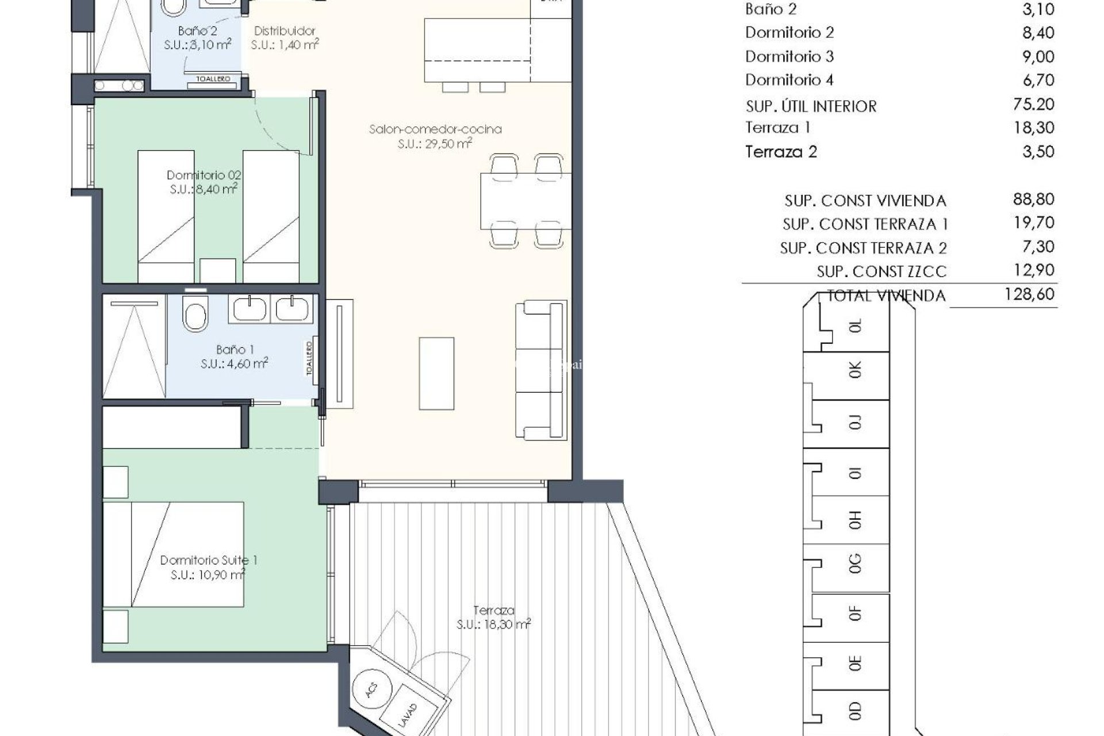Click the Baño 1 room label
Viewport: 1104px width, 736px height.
coord(235,350)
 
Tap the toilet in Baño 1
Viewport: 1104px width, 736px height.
coord(195,314)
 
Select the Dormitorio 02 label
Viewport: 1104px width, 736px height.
coord(204,175)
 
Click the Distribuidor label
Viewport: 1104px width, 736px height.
coord(285,31)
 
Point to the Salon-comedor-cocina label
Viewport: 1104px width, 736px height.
coord(435,129)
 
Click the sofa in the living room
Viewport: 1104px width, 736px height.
coord(540,370)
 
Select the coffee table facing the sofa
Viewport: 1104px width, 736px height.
coord(436,373)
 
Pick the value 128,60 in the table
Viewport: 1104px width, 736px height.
coord(1029,294)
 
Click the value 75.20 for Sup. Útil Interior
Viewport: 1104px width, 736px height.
coord(1033,104)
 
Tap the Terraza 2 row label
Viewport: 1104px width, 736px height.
coord(781,152)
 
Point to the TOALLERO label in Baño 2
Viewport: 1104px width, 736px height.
coord(213,79)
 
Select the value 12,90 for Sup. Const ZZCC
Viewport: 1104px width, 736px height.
coord(1033,270)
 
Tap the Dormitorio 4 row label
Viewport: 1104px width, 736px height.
coord(789,80)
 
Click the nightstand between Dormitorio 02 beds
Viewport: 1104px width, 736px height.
coord(217,270)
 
